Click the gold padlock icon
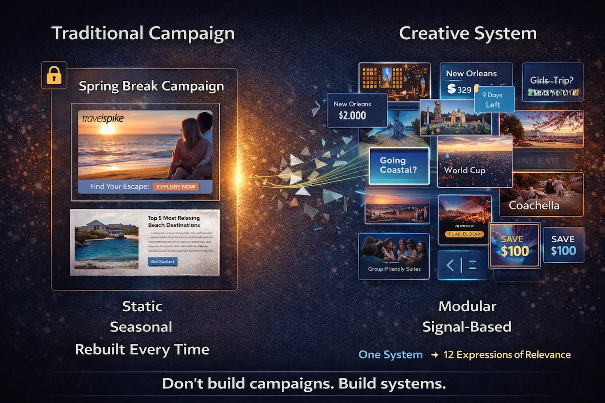54,75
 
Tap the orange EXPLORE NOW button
176,186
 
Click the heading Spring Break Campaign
151,86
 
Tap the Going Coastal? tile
399,165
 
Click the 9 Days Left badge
493,100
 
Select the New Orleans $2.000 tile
357,110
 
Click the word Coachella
534,206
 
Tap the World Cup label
462,170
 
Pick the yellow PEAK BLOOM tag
464,234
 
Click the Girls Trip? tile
552,81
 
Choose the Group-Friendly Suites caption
394,269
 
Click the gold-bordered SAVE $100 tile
514,245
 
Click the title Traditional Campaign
143,33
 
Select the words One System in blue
390,355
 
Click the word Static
142,306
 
